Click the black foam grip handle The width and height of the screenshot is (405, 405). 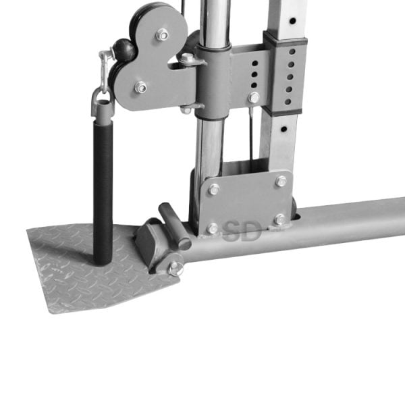pyautogui.click(x=103, y=192)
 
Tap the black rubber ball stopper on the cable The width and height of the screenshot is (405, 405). pyautogui.click(x=124, y=49)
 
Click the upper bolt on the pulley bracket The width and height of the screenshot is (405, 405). pyautogui.click(x=162, y=34)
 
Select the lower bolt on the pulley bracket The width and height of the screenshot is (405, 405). pyautogui.click(x=141, y=87)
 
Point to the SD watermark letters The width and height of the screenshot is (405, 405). pyautogui.click(x=242, y=231)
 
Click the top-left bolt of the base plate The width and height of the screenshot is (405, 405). pyautogui.click(x=214, y=189)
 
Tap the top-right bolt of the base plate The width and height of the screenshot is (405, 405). pyautogui.click(x=281, y=181)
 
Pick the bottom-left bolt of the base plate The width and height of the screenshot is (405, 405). pyautogui.click(x=213, y=229)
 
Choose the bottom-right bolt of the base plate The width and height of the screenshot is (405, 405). pyautogui.click(x=280, y=219)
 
